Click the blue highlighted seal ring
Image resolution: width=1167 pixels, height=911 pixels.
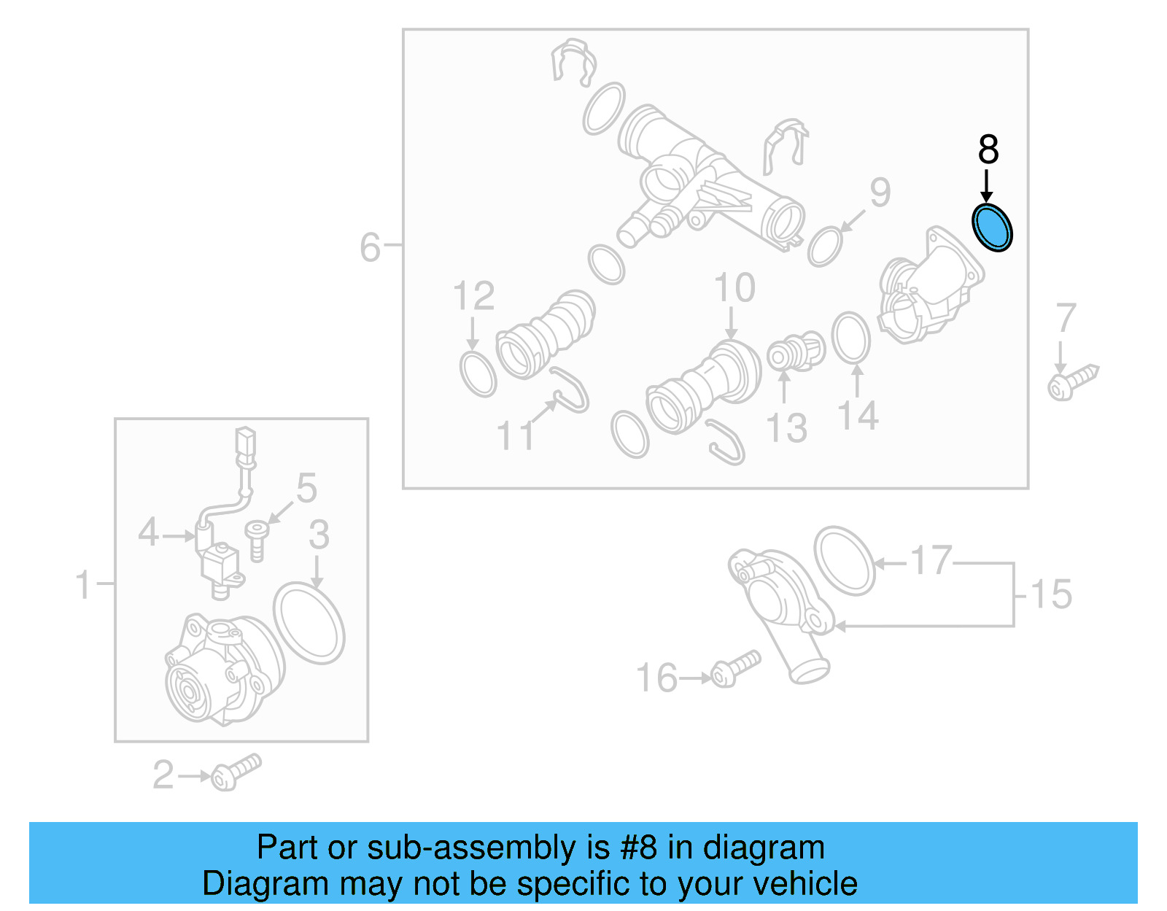click(x=993, y=227)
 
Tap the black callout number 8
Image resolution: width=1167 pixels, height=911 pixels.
click(x=988, y=150)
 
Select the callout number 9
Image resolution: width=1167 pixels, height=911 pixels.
click(x=880, y=193)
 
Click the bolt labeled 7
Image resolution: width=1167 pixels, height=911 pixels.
click(x=1073, y=382)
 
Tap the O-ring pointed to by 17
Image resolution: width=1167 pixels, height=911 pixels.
click(x=844, y=560)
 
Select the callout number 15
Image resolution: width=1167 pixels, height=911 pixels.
click(x=1051, y=594)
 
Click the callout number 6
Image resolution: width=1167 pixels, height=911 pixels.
click(x=370, y=247)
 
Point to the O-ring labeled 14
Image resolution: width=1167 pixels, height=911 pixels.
click(x=851, y=338)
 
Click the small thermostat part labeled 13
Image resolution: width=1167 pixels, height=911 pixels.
click(x=795, y=352)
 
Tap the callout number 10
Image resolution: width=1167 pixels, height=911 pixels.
click(x=734, y=288)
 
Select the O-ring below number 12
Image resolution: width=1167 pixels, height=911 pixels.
click(x=478, y=373)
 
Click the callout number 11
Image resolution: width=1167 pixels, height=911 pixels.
click(x=515, y=436)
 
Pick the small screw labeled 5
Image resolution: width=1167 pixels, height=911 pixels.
click(x=257, y=539)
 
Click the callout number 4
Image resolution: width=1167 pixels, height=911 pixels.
click(x=148, y=532)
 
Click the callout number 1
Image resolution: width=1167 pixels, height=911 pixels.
click(x=84, y=585)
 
